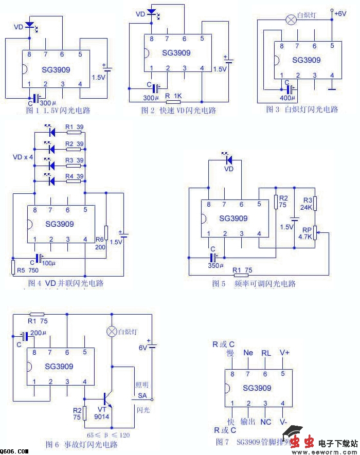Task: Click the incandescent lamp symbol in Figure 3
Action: click(x=291, y=20)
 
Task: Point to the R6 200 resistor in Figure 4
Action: click(x=106, y=232)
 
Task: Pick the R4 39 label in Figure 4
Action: click(x=75, y=176)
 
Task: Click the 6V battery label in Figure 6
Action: click(x=145, y=347)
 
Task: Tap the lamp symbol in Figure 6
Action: click(x=111, y=332)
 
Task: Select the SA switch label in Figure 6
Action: click(x=142, y=396)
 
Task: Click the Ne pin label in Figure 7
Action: click(x=248, y=353)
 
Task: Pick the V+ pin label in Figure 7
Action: click(x=284, y=353)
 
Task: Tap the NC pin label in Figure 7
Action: click(x=265, y=422)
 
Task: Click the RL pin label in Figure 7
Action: click(x=266, y=353)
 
